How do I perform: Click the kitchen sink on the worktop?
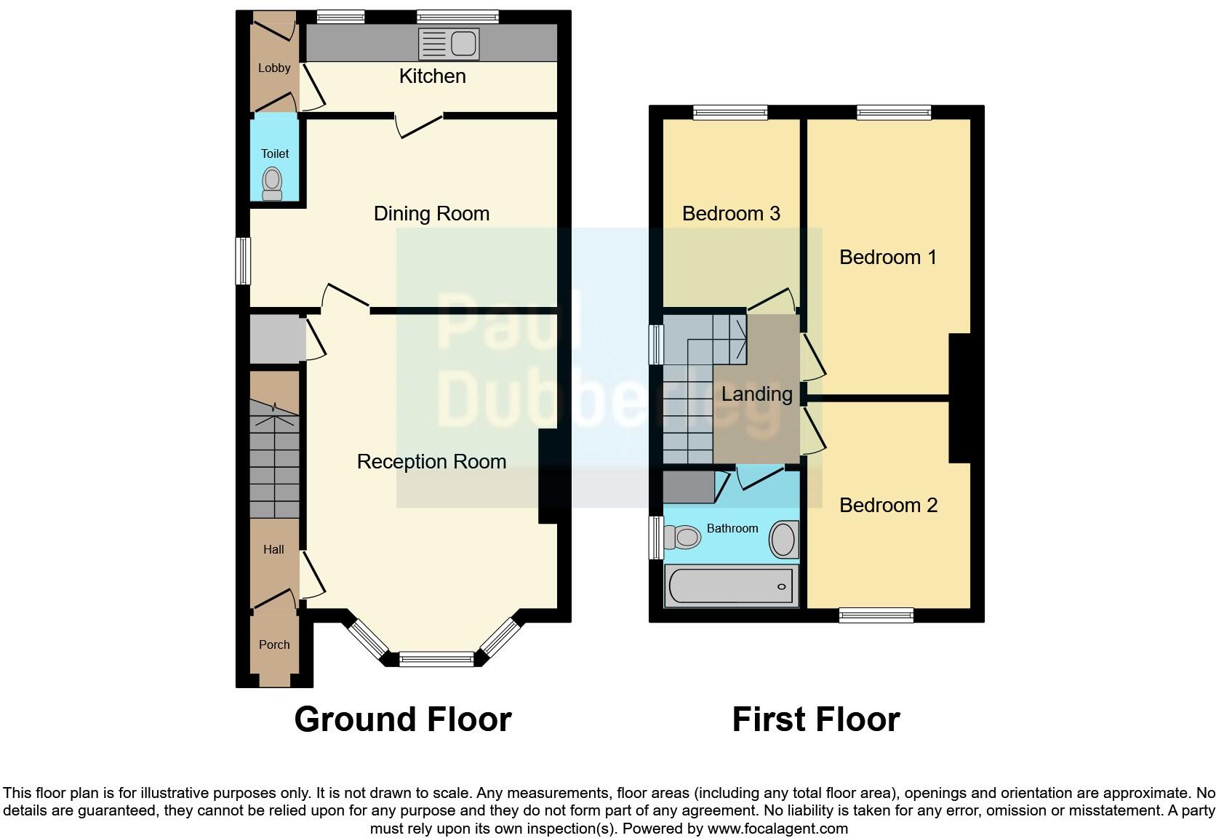coord(449,44)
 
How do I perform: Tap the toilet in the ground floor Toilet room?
coord(272,183)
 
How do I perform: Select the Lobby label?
coord(274,68)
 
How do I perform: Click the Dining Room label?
coord(431,213)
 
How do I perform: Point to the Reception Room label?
coord(431,461)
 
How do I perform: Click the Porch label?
coord(274,645)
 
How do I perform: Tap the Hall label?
coord(273,549)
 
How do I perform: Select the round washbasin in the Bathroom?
coord(783,539)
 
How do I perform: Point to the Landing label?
coord(756,394)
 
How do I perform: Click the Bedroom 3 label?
coord(731,213)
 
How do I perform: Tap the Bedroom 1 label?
coord(887,257)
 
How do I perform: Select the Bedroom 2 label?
coord(888,505)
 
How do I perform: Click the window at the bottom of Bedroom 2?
coord(876,615)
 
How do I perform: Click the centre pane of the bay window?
coord(436,659)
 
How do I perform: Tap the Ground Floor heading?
coord(403,719)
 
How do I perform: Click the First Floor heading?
coord(816,719)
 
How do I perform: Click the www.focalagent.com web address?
coord(777,828)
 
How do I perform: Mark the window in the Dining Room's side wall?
coord(244,260)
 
